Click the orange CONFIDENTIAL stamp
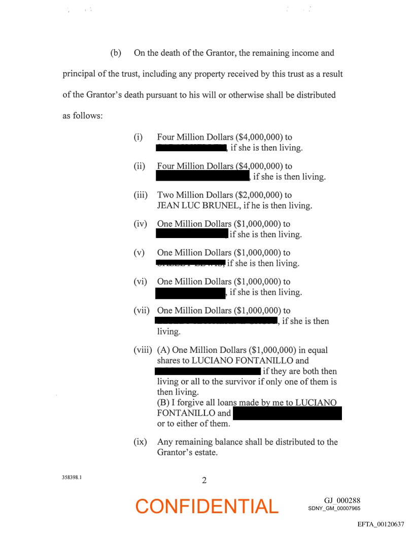pos(207,506)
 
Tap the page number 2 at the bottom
pos(204,480)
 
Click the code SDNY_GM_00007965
pos(334,508)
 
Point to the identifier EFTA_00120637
pos(381,524)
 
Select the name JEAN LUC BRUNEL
pos(196,206)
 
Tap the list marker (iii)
pos(140,195)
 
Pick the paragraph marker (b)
pos(116,53)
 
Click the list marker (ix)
pos(140,442)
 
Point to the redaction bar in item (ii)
pos(202,177)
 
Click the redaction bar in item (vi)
pos(190,292)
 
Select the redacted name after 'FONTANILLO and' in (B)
pos(287,413)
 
